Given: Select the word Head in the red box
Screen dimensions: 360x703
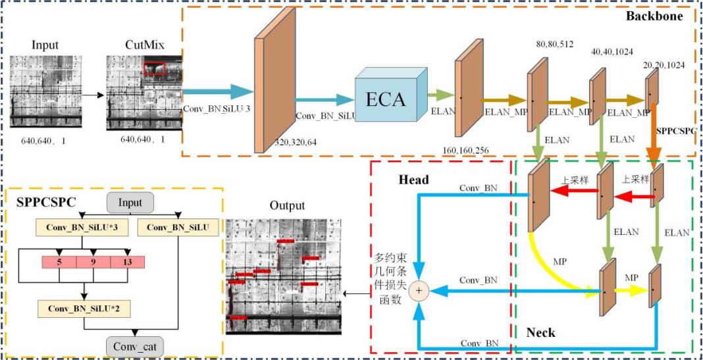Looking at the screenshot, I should pyautogui.click(x=413, y=180).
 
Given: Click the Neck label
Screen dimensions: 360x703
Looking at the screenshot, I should pyautogui.click(x=540, y=333).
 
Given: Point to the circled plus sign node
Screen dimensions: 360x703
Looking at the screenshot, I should pyautogui.click(x=419, y=290).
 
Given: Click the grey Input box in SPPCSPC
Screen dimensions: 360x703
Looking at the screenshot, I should pyautogui.click(x=130, y=203).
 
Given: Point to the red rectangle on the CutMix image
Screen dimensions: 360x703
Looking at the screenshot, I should pyautogui.click(x=155, y=68).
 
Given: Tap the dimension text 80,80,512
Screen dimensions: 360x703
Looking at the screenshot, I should pyautogui.click(x=555, y=45).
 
